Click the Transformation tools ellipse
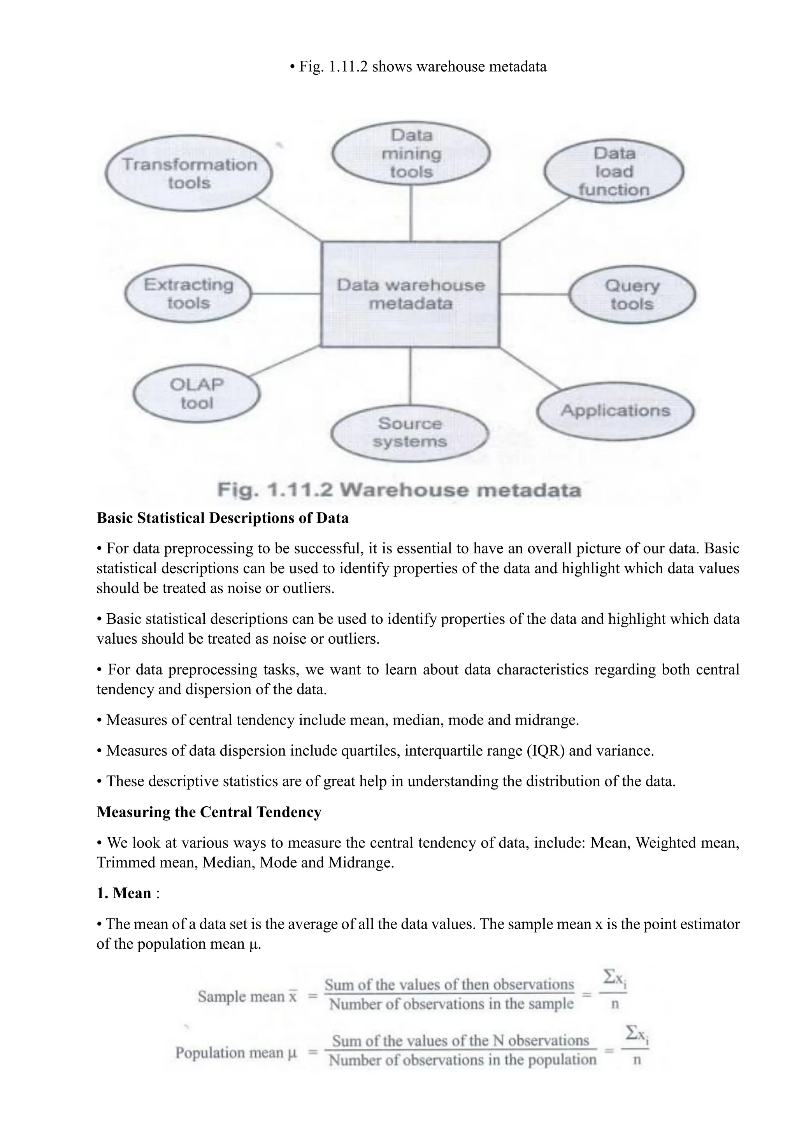pyautogui.click(x=189, y=173)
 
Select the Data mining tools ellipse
pyautogui.click(x=411, y=153)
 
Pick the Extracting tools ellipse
pyautogui.click(x=188, y=294)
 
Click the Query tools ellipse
pyautogui.click(x=632, y=295)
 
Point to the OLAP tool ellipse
pyautogui.click(x=196, y=394)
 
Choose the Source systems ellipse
pyautogui.click(x=410, y=433)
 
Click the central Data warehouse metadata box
pyautogui.click(x=410, y=295)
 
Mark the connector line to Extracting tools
pyautogui.click(x=286, y=294)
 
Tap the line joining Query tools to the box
pyautogui.click(x=534, y=295)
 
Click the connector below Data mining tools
pyautogui.click(x=411, y=213)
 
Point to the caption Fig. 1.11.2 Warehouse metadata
pyautogui.click(x=399, y=490)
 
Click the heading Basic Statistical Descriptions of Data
pyautogui.click(x=222, y=518)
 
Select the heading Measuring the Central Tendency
pyautogui.click(x=209, y=812)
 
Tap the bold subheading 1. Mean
pyautogui.click(x=124, y=893)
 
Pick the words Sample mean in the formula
pyautogui.click(x=241, y=996)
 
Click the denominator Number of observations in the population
pyautogui.click(x=462, y=1060)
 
